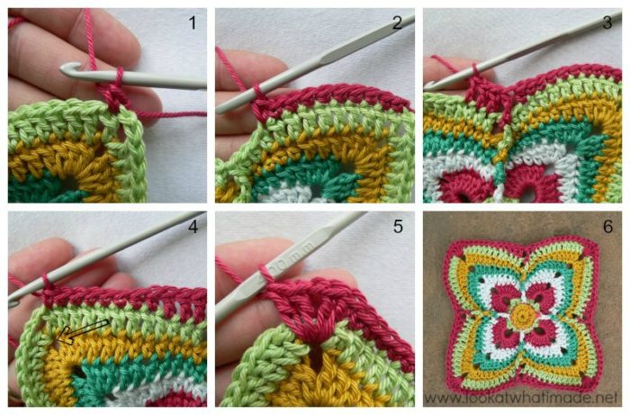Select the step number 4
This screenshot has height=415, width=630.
click(x=192, y=227)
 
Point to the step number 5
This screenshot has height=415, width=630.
click(x=397, y=227)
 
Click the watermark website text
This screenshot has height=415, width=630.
click(x=522, y=397)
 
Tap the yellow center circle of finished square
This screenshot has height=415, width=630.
click(x=522, y=314)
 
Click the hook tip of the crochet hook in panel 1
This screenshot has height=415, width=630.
click(x=68, y=68)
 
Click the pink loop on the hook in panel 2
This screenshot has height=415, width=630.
click(x=258, y=91)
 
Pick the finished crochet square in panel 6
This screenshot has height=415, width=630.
click(x=522, y=311)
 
